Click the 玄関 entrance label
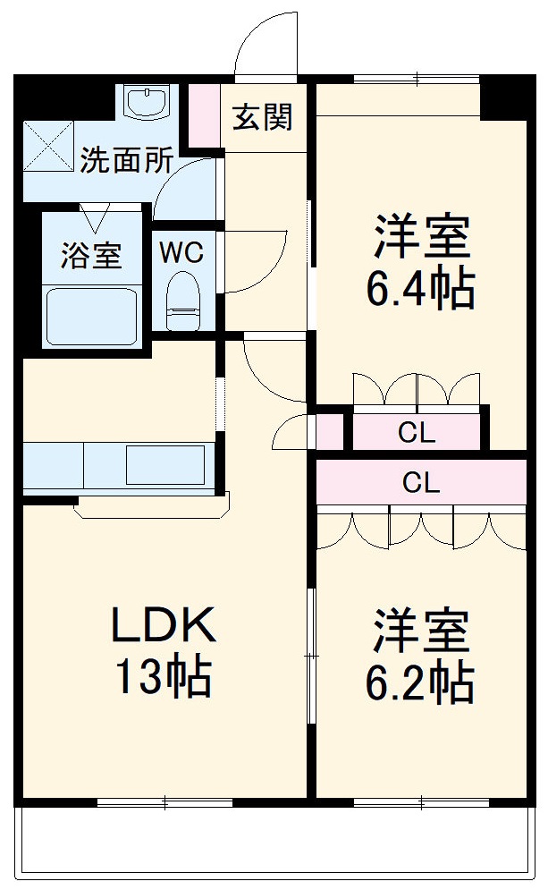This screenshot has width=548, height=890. coord(262,116)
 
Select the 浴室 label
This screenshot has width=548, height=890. coord(90,255)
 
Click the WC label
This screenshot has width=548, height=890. coord(181,252)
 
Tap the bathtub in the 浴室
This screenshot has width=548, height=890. coord(91,316)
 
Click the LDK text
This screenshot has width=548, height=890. coord(163,627)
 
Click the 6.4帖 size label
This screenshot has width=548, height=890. coord(420,287)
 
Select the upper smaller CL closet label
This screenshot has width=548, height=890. coord(417,435)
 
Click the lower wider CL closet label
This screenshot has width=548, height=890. coord(420,483)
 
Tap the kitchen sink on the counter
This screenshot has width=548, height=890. coord(164,465)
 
